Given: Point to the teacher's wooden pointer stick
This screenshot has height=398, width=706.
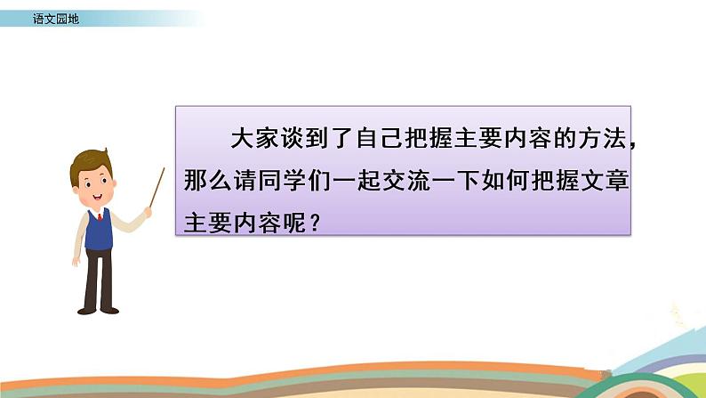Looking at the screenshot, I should (157, 186).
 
